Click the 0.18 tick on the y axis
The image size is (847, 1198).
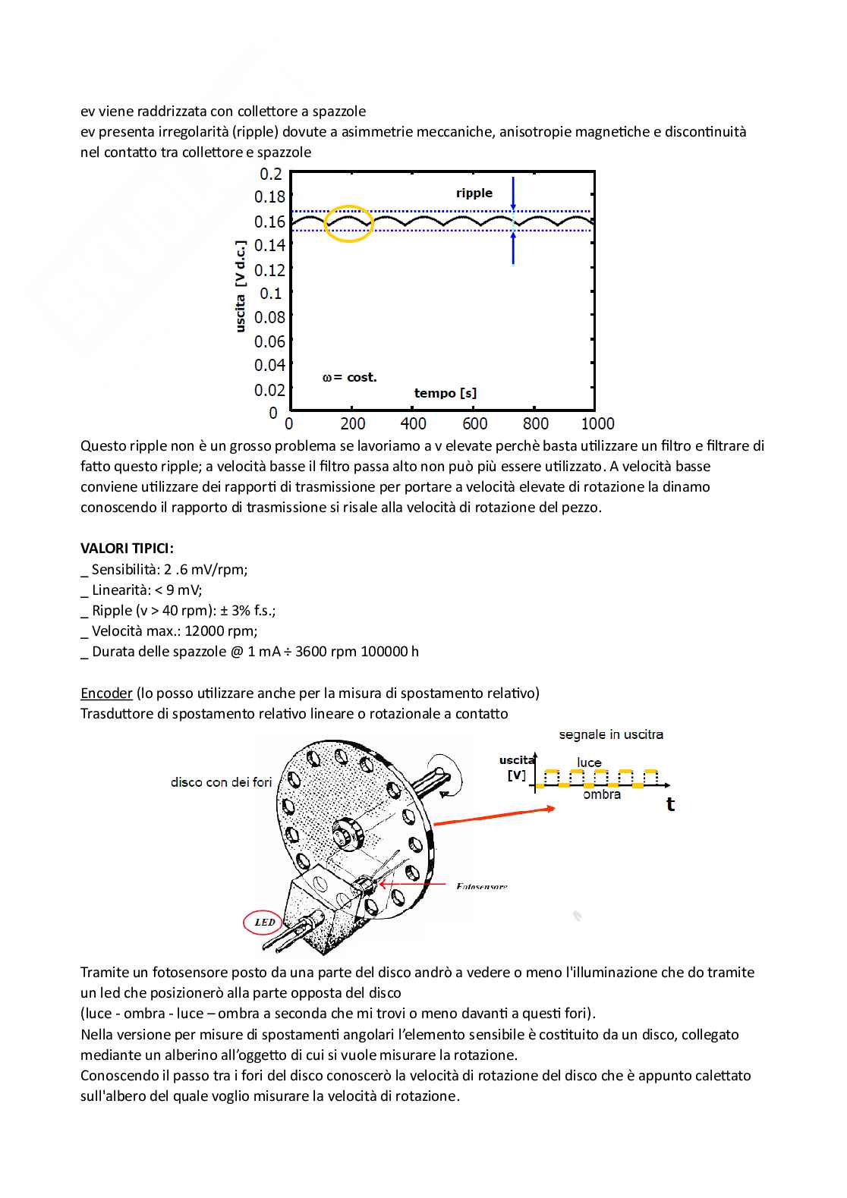click(269, 197)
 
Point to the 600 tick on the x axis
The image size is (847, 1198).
click(474, 423)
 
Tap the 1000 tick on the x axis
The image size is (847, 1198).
click(597, 423)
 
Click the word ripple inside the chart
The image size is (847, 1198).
click(474, 193)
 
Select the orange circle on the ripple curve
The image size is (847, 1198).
click(349, 223)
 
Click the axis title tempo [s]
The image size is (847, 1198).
click(446, 393)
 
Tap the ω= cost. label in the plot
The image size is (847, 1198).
click(350, 377)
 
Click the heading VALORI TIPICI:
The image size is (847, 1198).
click(127, 549)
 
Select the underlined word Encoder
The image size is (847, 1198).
click(106, 693)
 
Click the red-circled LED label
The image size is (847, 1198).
click(264, 923)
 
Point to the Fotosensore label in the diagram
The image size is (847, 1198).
click(482, 886)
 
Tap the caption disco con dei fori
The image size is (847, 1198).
click(221, 782)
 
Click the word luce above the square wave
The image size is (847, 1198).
click(589, 763)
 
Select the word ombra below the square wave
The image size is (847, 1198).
click(602, 794)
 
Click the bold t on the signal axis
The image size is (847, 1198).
click(670, 804)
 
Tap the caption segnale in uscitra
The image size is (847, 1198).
click(611, 734)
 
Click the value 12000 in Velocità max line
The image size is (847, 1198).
click(204, 630)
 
